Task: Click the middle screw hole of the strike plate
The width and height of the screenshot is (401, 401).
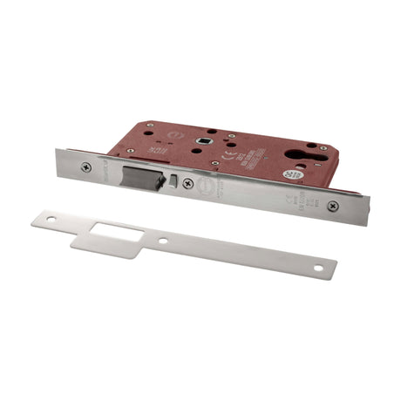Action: (166, 240)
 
